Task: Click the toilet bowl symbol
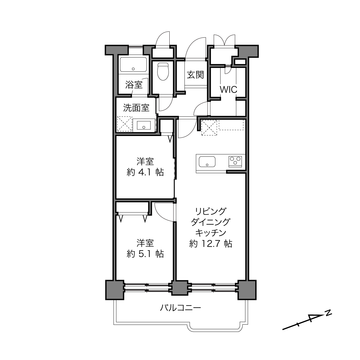[x=163, y=71]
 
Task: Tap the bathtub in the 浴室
[x=133, y=64]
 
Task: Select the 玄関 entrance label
[x=195, y=75]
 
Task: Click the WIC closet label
[x=228, y=90]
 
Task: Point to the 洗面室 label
[x=136, y=108]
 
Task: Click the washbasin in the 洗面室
[x=144, y=125]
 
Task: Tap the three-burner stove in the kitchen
[x=235, y=162]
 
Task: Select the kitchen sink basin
[x=207, y=162]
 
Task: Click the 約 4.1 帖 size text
[x=145, y=172]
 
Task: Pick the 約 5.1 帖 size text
[x=145, y=254]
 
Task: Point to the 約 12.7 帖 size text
[x=211, y=244]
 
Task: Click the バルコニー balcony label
[x=180, y=307]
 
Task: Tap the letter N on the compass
[x=328, y=313]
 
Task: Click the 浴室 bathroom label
[x=134, y=85]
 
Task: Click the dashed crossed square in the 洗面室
[x=125, y=124]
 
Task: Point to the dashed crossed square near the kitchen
[x=209, y=128]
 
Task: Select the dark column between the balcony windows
[x=180, y=288]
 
